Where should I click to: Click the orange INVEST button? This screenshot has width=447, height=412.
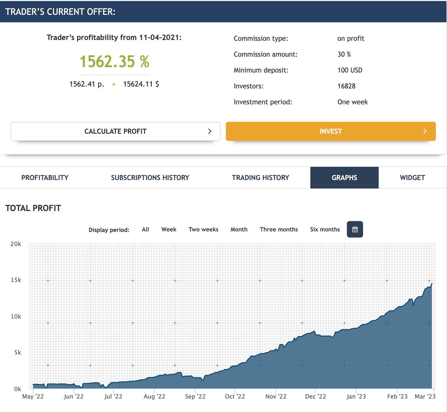(331, 131)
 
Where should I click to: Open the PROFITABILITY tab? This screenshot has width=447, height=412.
(45, 178)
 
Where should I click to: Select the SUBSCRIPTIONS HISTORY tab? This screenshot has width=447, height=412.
(150, 178)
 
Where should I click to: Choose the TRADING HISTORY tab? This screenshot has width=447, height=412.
(260, 178)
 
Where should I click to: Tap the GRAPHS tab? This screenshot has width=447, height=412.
(344, 178)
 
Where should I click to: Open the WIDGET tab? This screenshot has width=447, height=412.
(412, 178)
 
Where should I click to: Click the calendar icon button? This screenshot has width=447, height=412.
(355, 229)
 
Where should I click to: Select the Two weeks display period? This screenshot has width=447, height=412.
(203, 230)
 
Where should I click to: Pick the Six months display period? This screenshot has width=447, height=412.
(325, 230)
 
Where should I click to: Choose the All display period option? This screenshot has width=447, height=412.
(145, 230)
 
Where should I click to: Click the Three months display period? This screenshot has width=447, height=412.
(279, 230)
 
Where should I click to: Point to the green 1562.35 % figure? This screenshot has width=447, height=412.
(114, 61)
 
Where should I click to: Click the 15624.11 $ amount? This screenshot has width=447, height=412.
(141, 84)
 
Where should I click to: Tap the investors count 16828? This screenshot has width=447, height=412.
(346, 86)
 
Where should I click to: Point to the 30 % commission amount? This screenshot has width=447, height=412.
(344, 54)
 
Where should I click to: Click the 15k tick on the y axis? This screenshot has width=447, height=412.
(16, 280)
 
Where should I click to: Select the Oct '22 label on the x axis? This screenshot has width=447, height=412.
(235, 396)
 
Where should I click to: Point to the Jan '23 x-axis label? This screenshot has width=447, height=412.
(356, 396)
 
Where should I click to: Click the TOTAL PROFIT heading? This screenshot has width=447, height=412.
(33, 208)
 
